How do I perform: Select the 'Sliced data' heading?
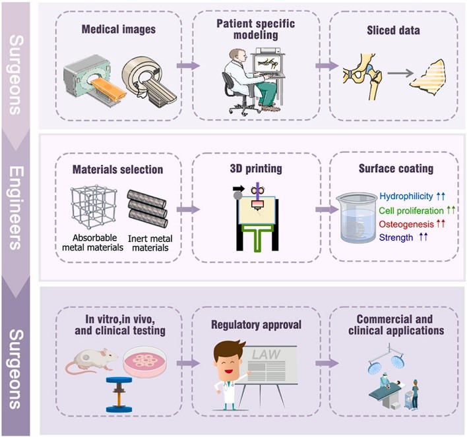point(394,30)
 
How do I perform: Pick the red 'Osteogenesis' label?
point(403,224)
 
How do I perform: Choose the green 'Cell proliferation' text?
point(410,211)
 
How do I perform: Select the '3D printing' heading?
point(255,169)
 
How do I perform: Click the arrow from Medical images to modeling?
point(188,66)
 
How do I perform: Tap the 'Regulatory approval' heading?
point(257,325)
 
